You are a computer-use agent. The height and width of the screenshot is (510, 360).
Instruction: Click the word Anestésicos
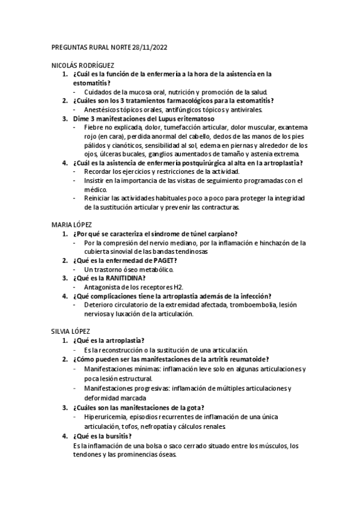(105, 109)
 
